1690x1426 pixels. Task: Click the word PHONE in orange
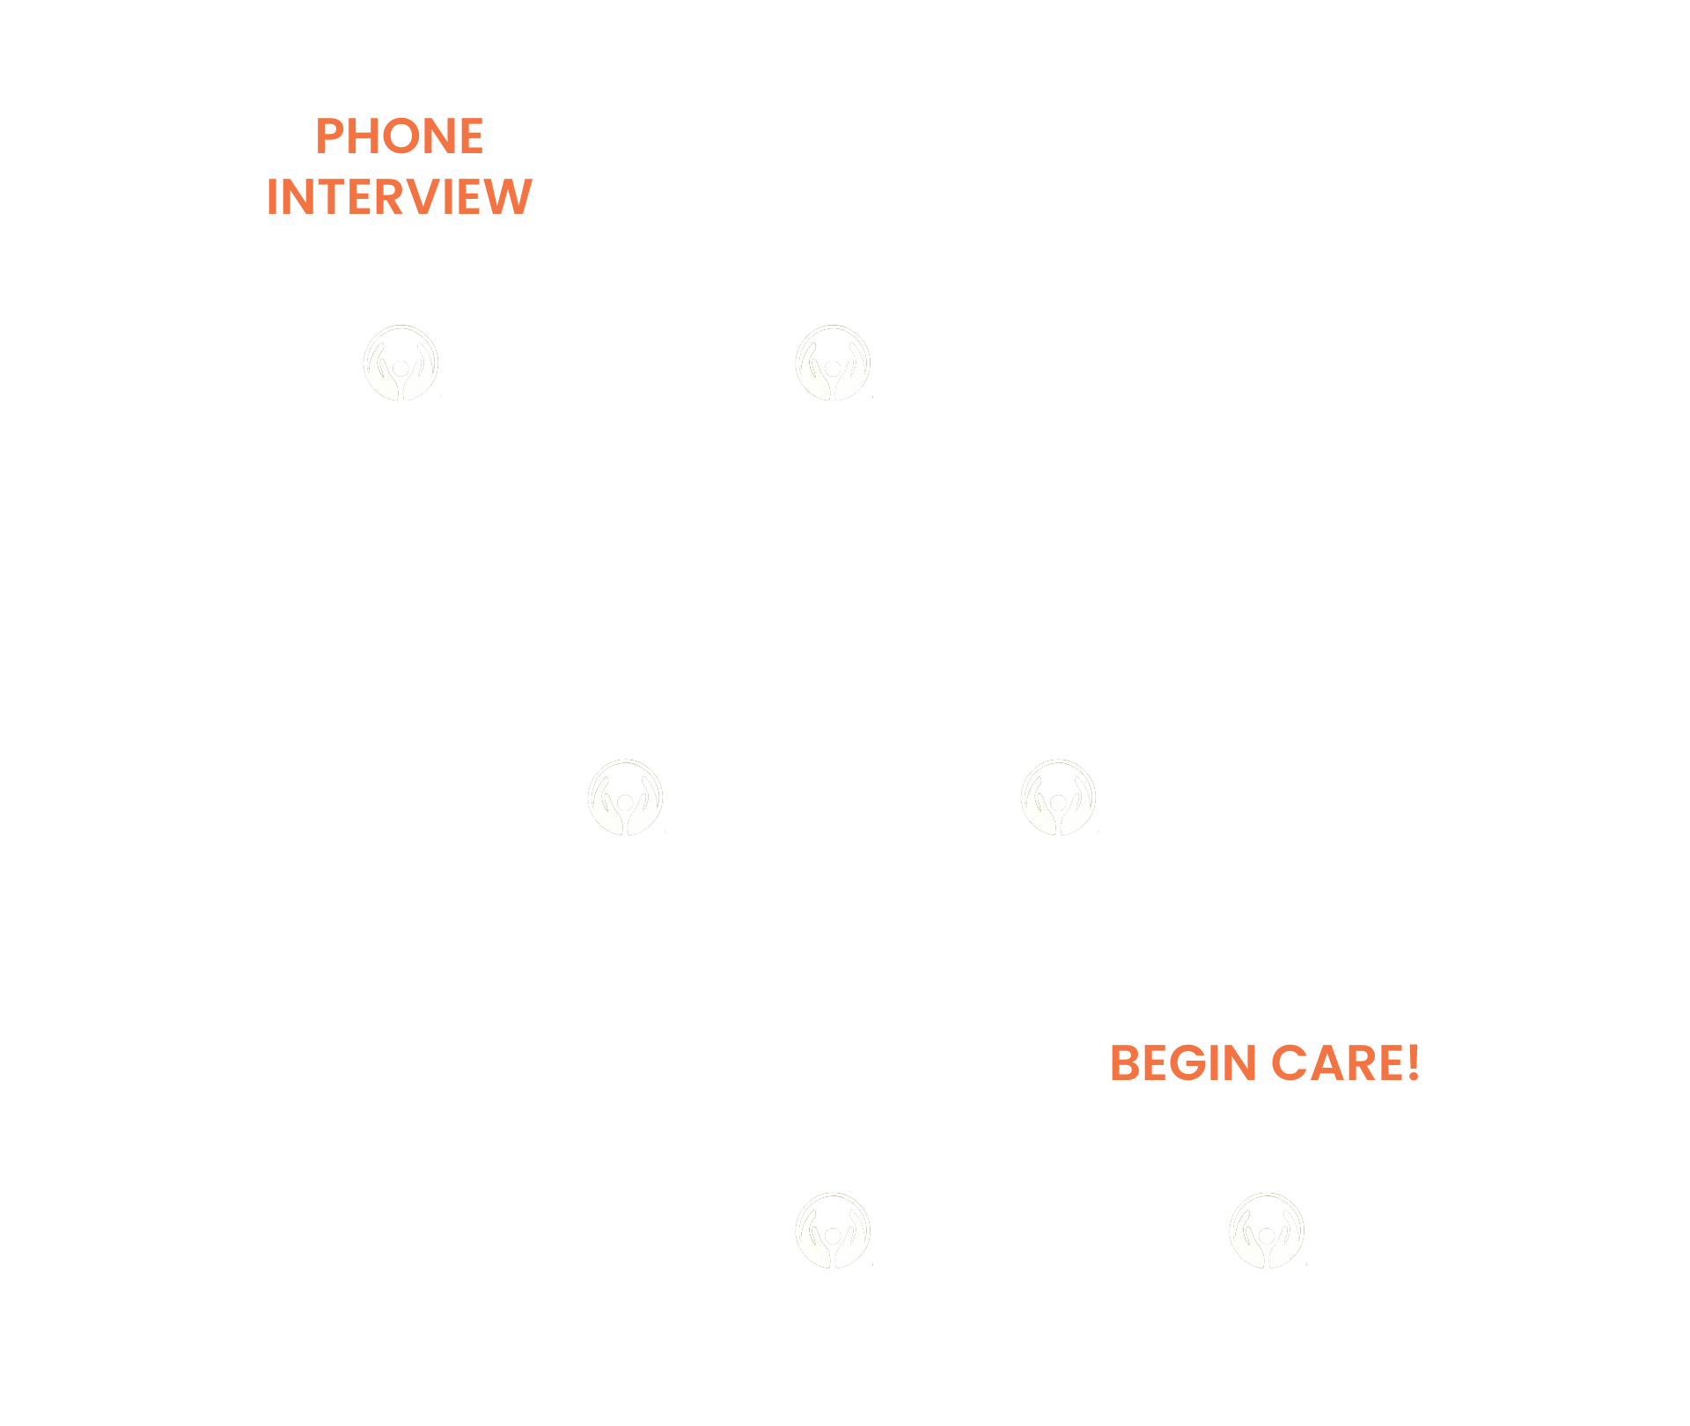click(400, 137)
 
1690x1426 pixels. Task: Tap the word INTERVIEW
click(400, 197)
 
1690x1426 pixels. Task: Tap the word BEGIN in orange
click(1182, 1063)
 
